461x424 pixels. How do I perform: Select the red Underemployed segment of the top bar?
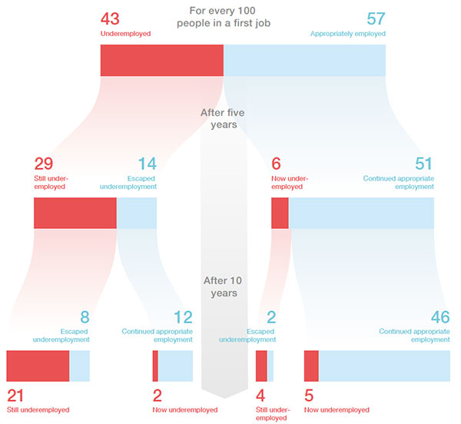click(x=161, y=61)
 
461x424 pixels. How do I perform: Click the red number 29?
click(x=44, y=164)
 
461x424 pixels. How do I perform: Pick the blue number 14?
click(x=147, y=164)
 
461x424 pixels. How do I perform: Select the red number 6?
click(x=277, y=164)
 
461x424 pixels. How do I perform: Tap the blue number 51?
click(x=423, y=164)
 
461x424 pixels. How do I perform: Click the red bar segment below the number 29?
click(x=75, y=213)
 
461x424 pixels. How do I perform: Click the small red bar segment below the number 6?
click(x=280, y=213)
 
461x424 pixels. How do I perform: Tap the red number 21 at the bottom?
click(x=16, y=396)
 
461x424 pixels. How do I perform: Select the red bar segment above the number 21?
click(x=38, y=366)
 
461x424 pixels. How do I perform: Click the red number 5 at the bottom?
click(x=309, y=396)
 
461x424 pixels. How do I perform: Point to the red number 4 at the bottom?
click(x=260, y=396)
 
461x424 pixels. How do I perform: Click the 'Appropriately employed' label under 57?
click(x=347, y=34)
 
